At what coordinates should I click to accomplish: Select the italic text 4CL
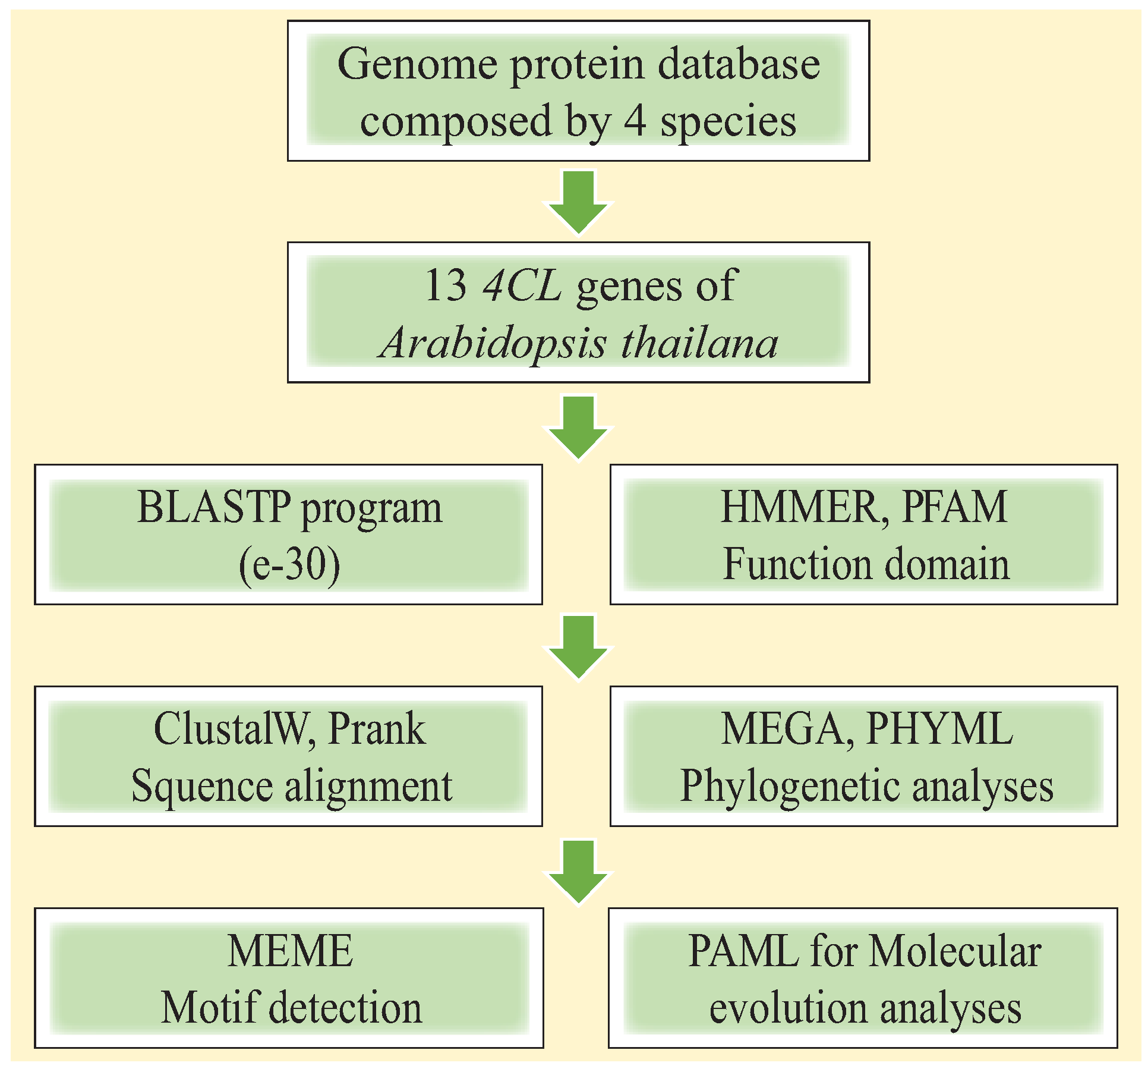522,286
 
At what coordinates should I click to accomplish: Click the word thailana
699,343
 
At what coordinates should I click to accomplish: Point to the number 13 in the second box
446,286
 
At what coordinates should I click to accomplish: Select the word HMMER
800,507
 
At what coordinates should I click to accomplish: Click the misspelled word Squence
201,786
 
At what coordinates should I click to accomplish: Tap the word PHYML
939,729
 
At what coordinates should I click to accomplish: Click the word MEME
290,951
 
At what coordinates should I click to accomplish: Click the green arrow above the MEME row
578,870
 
